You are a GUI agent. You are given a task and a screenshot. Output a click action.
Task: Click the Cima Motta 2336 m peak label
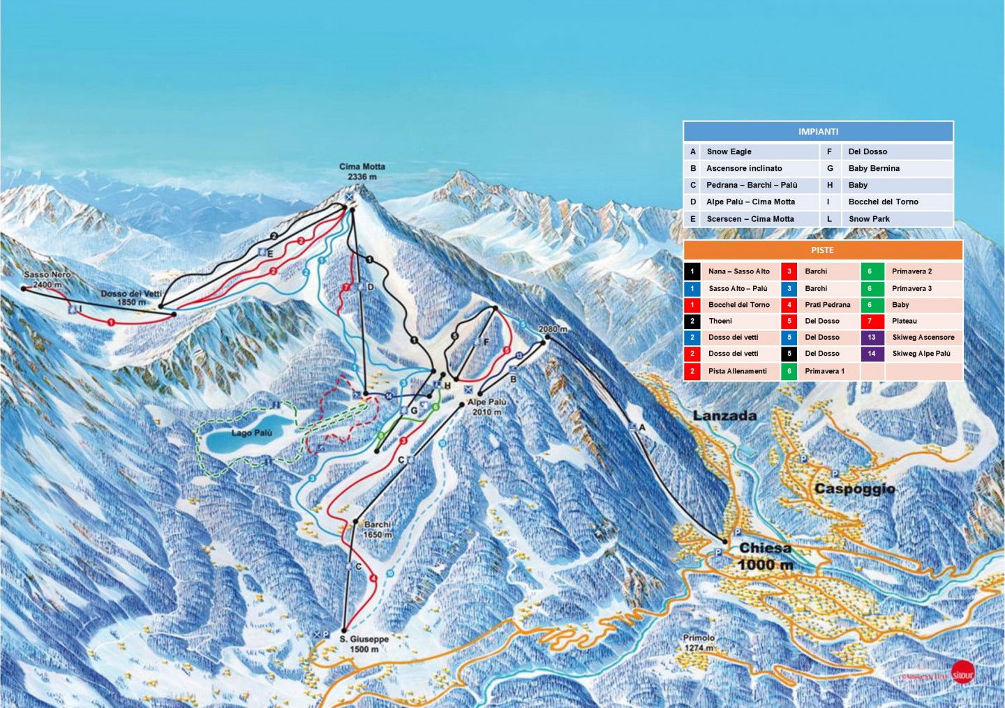click(x=362, y=172)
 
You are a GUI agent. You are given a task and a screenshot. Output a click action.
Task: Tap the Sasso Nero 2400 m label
click(x=47, y=280)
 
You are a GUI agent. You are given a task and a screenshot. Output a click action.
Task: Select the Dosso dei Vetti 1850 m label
click(x=131, y=298)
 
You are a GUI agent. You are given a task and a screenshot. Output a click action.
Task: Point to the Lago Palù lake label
click(x=251, y=433)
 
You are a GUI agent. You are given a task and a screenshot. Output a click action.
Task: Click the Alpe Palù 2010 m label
click(x=487, y=407)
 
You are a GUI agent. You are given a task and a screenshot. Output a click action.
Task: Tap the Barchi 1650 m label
click(x=378, y=529)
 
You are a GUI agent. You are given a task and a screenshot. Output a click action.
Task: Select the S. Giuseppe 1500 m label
click(x=364, y=644)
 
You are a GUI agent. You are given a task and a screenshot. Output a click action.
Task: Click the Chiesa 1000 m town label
click(x=766, y=556)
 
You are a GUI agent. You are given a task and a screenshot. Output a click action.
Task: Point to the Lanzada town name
click(x=724, y=416)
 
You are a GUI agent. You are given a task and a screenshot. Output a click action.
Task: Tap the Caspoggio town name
click(x=854, y=489)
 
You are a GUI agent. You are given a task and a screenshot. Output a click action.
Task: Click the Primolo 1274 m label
click(x=699, y=642)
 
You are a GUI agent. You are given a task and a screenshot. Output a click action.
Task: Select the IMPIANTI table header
click(x=818, y=132)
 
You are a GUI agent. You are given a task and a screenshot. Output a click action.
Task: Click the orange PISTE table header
click(x=822, y=250)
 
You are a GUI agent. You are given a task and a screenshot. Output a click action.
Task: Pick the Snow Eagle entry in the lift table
click(x=729, y=151)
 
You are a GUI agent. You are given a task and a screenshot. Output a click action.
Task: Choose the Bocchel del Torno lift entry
click(x=883, y=202)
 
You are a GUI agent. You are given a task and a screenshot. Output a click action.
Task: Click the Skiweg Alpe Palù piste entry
click(x=921, y=354)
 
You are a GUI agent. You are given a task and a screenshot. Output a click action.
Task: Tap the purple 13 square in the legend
click(x=872, y=338)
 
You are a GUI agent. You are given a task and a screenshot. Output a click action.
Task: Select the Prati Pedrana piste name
click(x=827, y=305)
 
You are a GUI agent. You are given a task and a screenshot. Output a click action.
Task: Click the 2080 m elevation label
click(x=552, y=329)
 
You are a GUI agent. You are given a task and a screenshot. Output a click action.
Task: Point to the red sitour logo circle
click(x=962, y=672)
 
